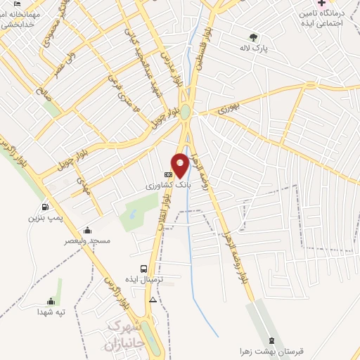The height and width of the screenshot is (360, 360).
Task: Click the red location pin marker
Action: (x=181, y=164)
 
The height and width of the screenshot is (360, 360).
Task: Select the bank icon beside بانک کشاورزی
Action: (x=168, y=174)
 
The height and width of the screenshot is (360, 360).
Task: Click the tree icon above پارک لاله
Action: (x=253, y=37)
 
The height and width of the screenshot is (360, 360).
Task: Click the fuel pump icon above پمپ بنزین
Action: (x=45, y=207)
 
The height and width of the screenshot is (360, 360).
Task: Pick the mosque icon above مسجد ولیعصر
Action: (x=86, y=229)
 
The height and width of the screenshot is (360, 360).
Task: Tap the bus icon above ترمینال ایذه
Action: (x=144, y=268)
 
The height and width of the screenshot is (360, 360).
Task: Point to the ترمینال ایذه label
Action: (x=144, y=280)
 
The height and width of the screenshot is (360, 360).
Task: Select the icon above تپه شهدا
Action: (x=51, y=300)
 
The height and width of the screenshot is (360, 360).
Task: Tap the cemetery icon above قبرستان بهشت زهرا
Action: (x=274, y=340)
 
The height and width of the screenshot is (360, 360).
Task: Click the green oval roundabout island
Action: (x=186, y=112)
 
